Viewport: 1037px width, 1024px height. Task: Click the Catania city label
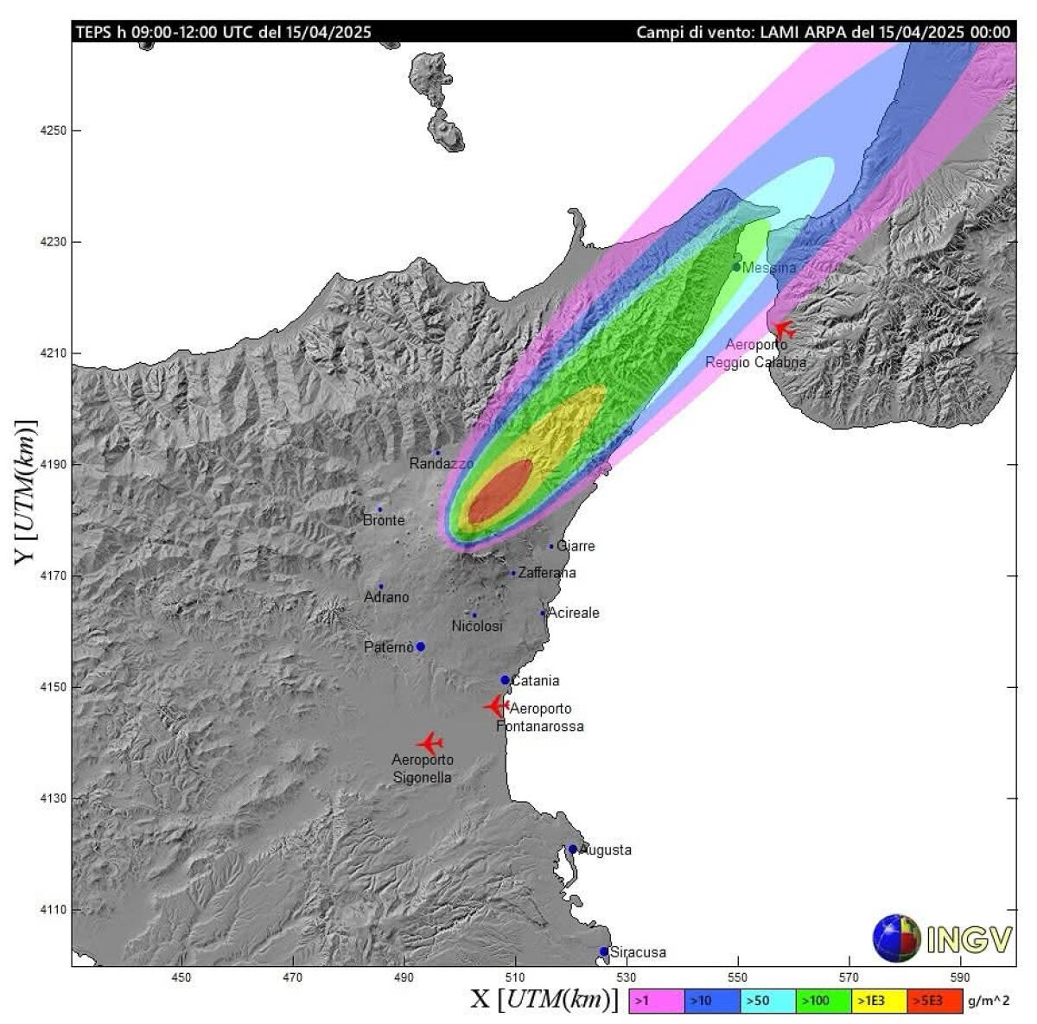pos(535,681)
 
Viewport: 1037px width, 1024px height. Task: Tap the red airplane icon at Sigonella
pos(429,743)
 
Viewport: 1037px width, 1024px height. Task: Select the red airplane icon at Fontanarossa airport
pos(495,706)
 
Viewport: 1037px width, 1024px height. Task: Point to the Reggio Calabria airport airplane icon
pos(783,329)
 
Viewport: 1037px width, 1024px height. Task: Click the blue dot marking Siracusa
pos(604,951)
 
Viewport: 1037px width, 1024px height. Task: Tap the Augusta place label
pos(605,850)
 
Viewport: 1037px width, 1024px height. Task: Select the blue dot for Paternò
pos(421,646)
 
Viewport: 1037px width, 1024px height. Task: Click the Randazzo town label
pos(441,464)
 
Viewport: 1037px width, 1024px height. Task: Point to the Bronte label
pos(384,520)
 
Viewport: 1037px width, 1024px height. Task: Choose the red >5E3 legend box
pos(935,1001)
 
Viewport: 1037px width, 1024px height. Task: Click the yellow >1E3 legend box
pos(879,1001)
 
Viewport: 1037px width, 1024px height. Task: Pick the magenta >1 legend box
pos(656,1001)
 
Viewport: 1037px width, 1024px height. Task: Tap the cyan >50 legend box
pos(767,1001)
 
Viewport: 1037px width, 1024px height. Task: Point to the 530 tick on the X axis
pos(627,977)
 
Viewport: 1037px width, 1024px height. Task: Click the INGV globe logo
pos(896,938)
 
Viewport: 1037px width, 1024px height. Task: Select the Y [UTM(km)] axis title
pos(26,493)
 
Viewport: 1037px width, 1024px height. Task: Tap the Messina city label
pos(769,268)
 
